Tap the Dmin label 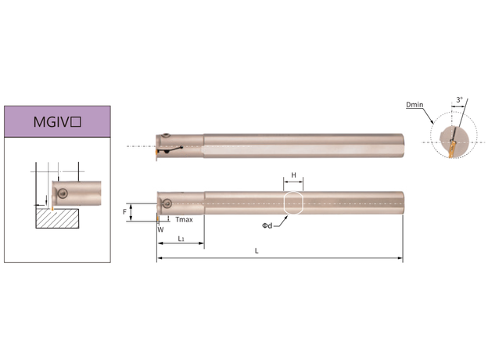click(x=414, y=105)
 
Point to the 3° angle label click(x=459, y=99)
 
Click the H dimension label click(x=293, y=175)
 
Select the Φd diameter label click(x=267, y=225)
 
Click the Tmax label click(x=184, y=220)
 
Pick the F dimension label click(x=125, y=212)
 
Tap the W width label click(x=160, y=230)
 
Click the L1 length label click(x=181, y=239)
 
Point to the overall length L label click(x=257, y=251)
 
